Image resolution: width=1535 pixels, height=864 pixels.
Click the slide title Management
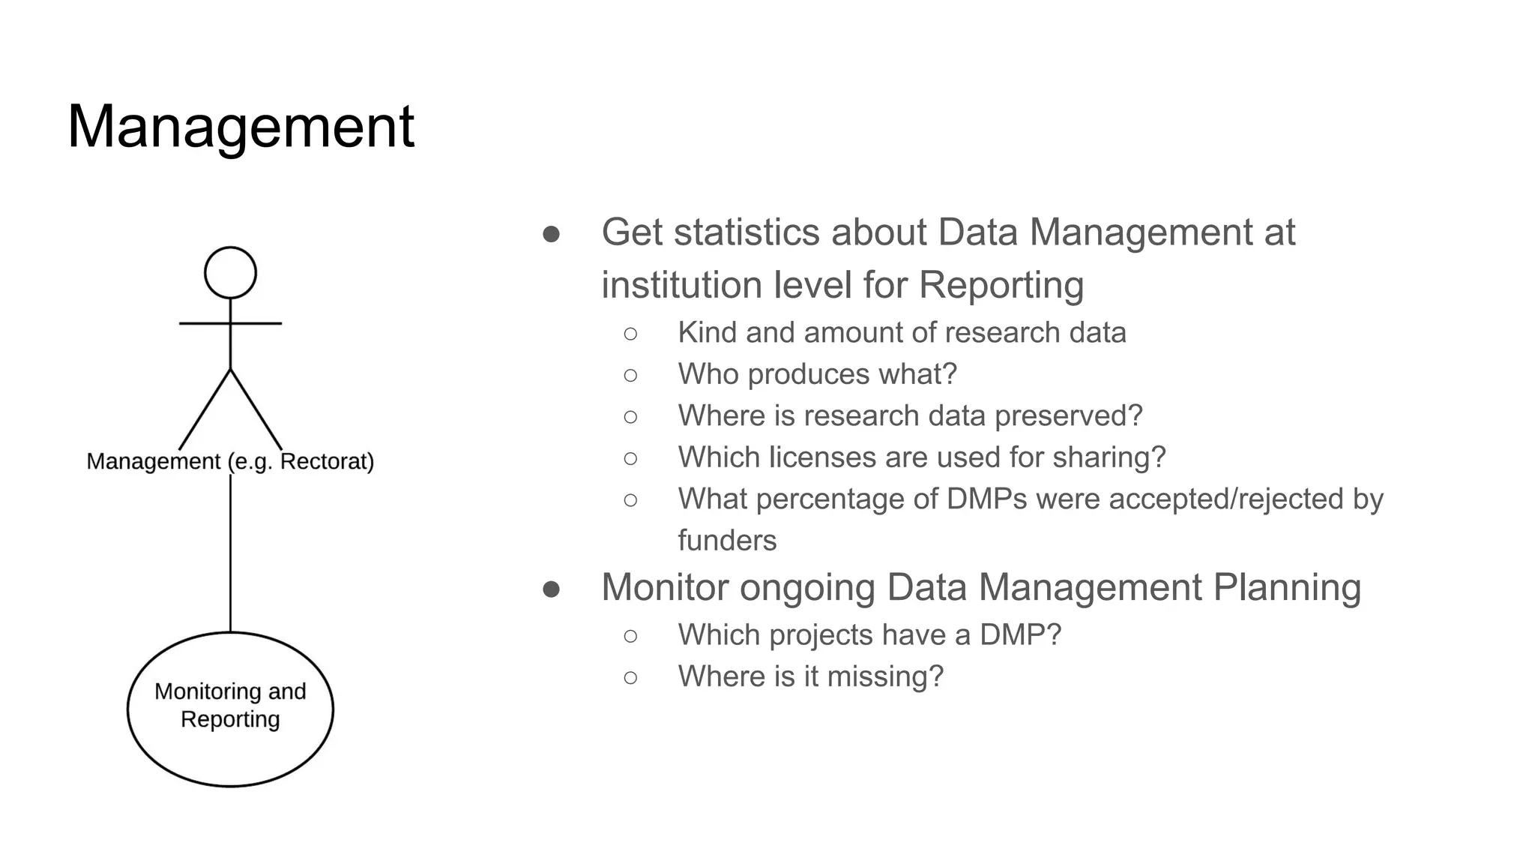coord(241,126)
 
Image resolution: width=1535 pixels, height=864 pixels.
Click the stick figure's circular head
coord(230,272)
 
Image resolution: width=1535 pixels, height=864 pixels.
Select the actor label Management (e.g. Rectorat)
coord(230,461)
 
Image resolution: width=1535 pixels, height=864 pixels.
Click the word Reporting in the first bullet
coord(1001,285)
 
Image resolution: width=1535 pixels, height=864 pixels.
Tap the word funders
coord(727,541)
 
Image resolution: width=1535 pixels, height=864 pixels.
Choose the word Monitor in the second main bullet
coord(664,587)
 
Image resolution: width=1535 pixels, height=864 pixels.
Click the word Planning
coord(1286,587)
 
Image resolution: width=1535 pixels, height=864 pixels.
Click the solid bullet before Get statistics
coord(551,234)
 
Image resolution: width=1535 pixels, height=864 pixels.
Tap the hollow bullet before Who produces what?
coord(630,375)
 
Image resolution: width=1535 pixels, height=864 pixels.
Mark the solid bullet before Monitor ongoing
coord(551,589)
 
